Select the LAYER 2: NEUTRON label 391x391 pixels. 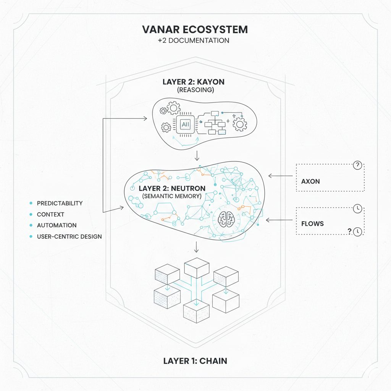(172, 188)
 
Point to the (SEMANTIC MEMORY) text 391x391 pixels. (172, 196)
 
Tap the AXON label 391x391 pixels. (310, 181)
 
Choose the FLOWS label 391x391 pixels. (312, 223)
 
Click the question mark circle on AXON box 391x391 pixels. (357, 165)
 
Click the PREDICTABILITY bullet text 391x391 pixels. (60, 203)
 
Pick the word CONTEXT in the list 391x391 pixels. (50, 214)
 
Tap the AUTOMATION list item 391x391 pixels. (57, 225)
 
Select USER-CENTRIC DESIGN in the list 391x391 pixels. (69, 236)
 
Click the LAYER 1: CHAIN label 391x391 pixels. (195, 361)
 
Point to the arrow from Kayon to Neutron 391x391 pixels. (196, 156)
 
